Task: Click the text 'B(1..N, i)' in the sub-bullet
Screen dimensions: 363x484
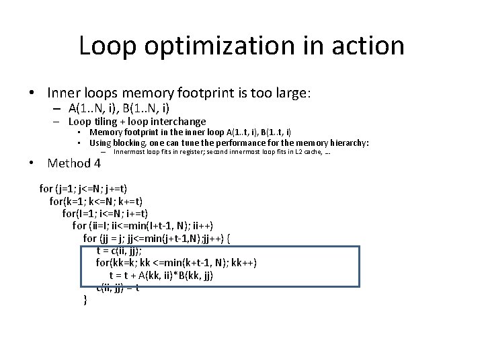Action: tap(145, 108)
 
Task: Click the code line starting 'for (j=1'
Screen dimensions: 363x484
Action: tap(83, 189)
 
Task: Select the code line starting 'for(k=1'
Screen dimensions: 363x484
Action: tap(96, 201)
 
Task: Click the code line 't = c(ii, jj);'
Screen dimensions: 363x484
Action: tap(119, 251)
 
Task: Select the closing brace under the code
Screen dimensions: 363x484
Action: tap(85, 300)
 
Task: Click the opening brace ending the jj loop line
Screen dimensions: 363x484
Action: tap(229, 239)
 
